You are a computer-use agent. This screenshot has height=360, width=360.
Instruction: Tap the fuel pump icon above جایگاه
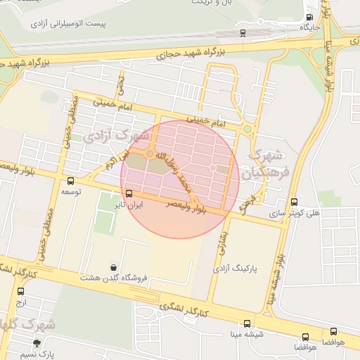(x=310, y=18)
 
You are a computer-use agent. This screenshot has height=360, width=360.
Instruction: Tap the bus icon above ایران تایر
(x=129, y=193)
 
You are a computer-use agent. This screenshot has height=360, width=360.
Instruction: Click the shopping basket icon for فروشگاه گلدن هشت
(x=114, y=267)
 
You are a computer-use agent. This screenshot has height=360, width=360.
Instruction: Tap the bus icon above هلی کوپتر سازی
(x=294, y=202)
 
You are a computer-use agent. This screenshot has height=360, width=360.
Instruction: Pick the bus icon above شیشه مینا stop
(x=247, y=324)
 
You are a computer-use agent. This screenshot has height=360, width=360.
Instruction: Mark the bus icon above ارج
(x=20, y=291)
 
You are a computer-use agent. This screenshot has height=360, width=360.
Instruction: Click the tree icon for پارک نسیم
(x=37, y=343)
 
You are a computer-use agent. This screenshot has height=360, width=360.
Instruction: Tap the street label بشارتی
(x=221, y=245)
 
